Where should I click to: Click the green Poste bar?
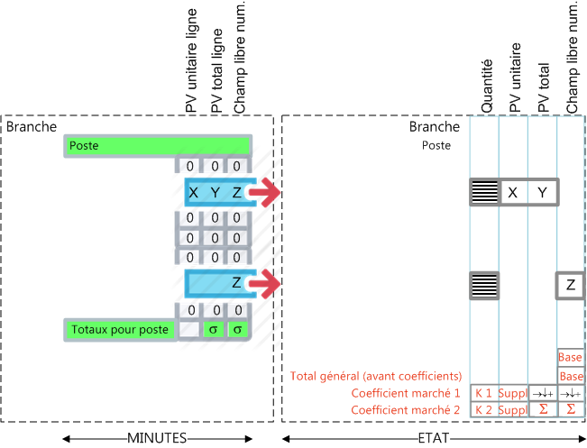156,146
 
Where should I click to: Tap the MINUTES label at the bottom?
157,437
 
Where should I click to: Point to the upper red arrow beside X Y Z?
264,192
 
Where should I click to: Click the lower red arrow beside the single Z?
264,285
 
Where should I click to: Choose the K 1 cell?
482,393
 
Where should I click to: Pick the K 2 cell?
482,410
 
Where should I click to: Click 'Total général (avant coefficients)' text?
376,376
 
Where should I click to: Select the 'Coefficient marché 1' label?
407,393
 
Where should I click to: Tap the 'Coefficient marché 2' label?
407,410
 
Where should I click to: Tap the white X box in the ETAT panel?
513,192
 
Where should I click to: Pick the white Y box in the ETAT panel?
542,192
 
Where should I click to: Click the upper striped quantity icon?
484,192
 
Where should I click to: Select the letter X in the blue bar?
194,192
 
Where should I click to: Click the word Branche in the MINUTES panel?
32,126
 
